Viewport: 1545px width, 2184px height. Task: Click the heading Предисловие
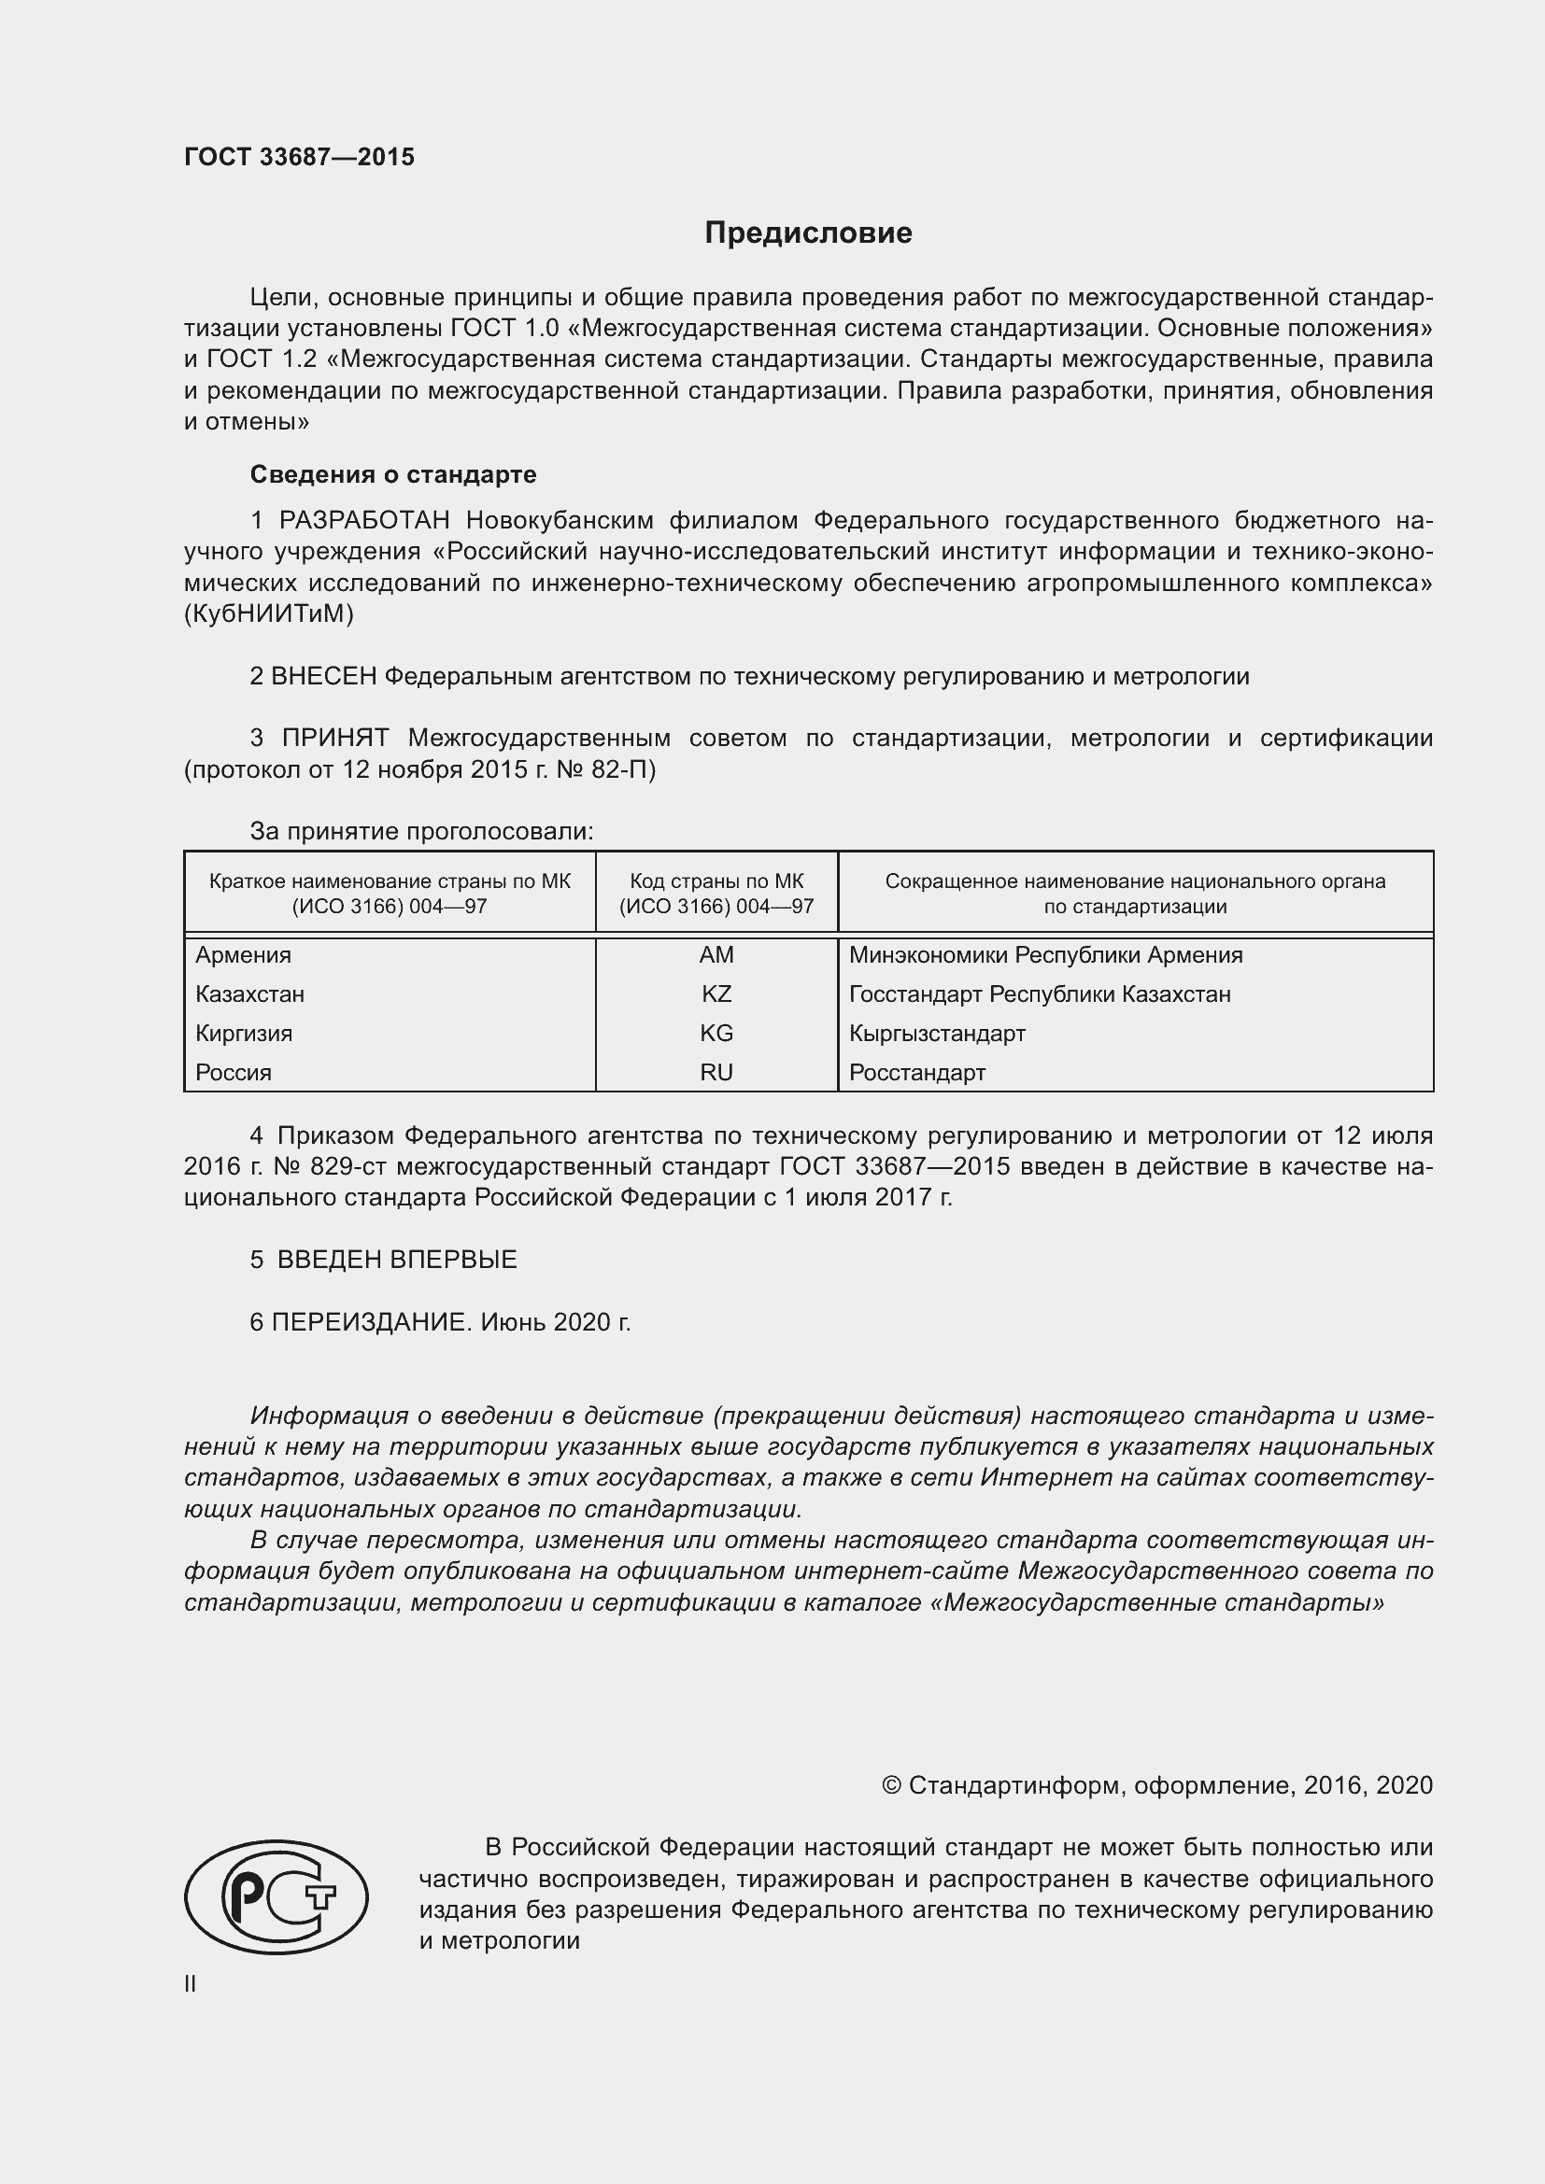pyautogui.click(x=808, y=233)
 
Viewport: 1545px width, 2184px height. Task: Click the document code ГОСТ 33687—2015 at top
pyautogui.click(x=299, y=157)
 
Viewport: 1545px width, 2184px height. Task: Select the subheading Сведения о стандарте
pyautogui.click(x=393, y=473)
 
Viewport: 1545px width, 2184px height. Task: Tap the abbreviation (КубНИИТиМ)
pyautogui.click(x=268, y=613)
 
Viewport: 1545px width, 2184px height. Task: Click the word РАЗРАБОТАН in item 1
pyautogui.click(x=363, y=520)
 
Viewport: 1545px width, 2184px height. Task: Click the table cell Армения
pyautogui.click(x=244, y=955)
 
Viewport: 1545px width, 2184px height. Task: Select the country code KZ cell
pyautogui.click(x=716, y=994)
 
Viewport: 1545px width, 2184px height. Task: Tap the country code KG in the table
pyautogui.click(x=716, y=1033)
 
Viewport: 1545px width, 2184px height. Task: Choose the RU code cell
pyautogui.click(x=716, y=1072)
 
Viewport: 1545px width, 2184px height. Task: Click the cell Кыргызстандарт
pyautogui.click(x=936, y=1033)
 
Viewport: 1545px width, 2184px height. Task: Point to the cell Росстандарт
pyautogui.click(x=916, y=1072)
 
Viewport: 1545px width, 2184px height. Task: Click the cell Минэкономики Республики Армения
pyautogui.click(x=1044, y=955)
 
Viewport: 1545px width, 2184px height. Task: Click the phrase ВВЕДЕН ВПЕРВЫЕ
pyautogui.click(x=397, y=1260)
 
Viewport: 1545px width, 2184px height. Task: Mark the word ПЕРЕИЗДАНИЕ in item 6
pyautogui.click(x=370, y=1322)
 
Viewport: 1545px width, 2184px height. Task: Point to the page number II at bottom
pyautogui.click(x=191, y=1984)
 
